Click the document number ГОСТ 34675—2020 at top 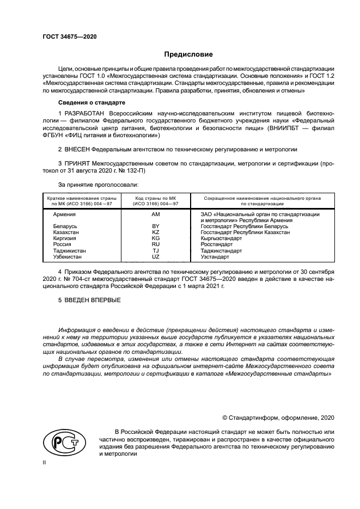(70, 37)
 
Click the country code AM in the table (155, 214)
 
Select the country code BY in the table (155, 226)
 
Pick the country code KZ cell (155, 232)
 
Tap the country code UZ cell (155, 256)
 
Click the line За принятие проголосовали (91, 185)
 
